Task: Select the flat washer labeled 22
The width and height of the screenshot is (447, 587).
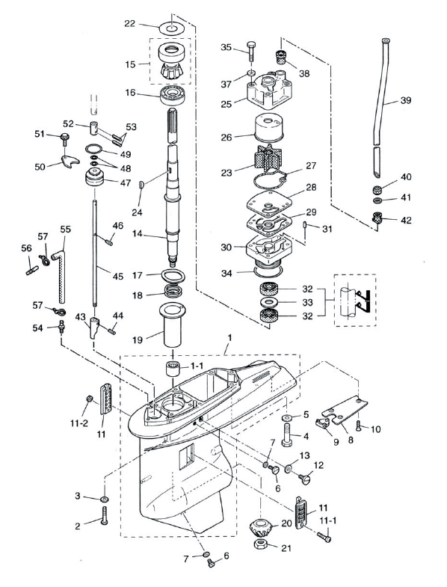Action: (170, 28)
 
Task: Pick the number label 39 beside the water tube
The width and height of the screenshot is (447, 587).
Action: (405, 100)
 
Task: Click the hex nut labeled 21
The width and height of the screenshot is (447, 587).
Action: (260, 544)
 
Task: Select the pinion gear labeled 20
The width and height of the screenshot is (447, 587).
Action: (261, 528)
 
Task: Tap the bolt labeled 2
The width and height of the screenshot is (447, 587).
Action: (104, 515)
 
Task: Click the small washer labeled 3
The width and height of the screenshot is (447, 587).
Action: (105, 499)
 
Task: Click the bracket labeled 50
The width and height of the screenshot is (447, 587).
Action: (70, 160)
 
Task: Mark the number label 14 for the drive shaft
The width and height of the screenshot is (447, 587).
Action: (138, 233)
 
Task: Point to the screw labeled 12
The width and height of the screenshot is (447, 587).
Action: (305, 479)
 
